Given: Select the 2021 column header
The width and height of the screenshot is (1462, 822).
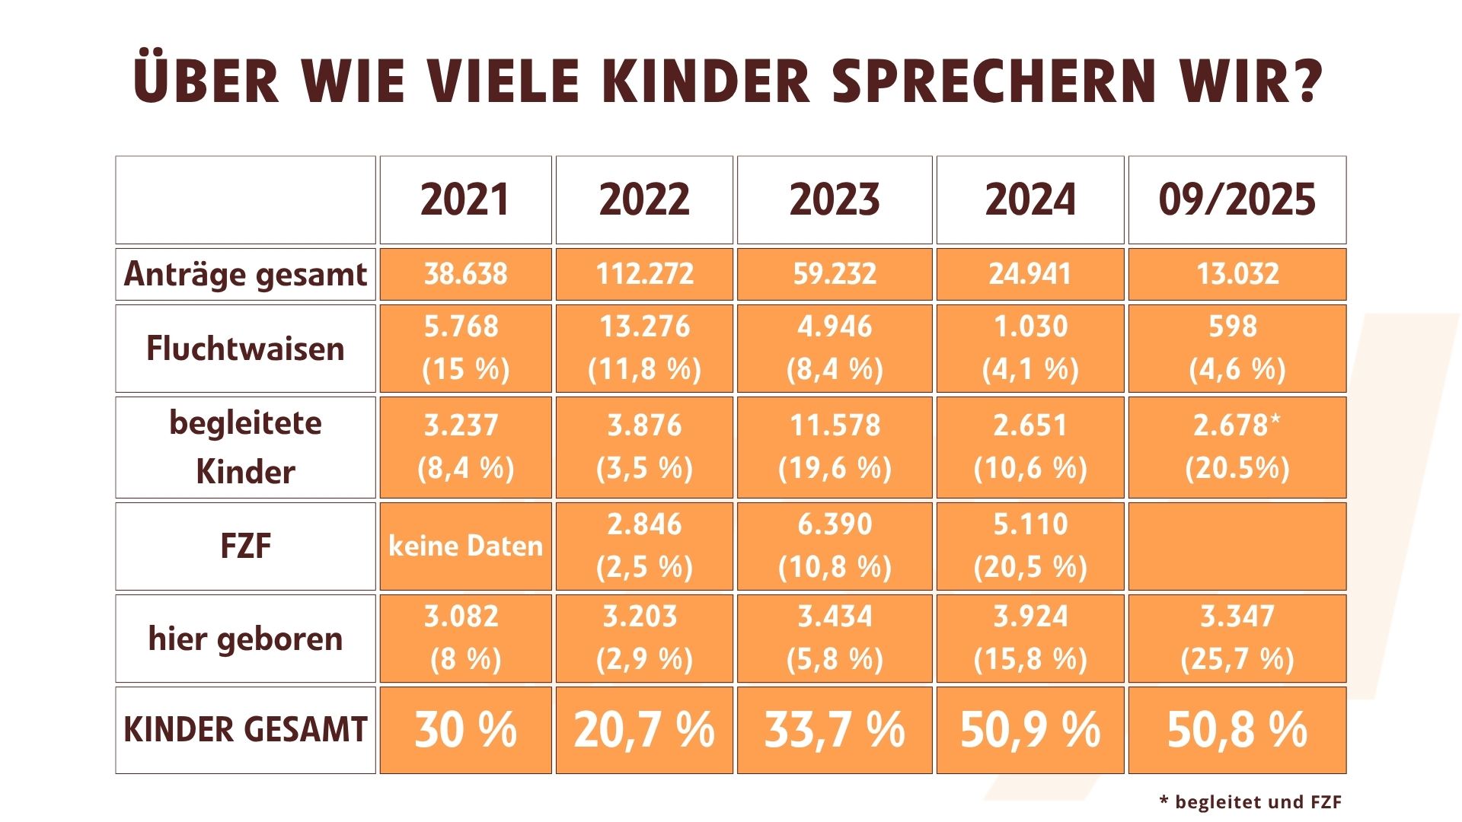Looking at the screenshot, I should (x=465, y=200).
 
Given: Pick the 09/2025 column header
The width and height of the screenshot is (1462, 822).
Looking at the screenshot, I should (x=1237, y=200).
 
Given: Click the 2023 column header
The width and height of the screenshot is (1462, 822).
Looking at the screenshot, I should (x=835, y=200).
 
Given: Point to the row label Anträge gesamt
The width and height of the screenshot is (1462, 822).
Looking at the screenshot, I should (x=245, y=274).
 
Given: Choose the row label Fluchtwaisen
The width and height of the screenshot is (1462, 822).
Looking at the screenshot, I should (x=245, y=349).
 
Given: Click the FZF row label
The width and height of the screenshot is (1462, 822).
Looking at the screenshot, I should (x=245, y=546).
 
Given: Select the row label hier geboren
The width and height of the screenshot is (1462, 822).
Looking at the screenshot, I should (x=245, y=639).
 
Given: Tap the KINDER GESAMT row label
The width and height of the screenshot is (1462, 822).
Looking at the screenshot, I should (x=245, y=730).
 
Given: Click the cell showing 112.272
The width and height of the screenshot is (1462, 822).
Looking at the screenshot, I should (x=644, y=274).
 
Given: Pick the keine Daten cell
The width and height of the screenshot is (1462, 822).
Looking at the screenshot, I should (x=465, y=546).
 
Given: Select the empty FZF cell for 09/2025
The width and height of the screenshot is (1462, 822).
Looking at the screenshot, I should (x=1237, y=546).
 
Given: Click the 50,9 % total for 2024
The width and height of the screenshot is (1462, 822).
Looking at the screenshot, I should (x=1029, y=730).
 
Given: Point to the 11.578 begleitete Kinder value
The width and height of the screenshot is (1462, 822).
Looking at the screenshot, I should (x=835, y=425).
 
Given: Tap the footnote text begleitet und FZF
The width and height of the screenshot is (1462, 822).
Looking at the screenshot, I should (x=1257, y=801).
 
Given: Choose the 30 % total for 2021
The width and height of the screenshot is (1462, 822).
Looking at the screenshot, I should (x=465, y=730).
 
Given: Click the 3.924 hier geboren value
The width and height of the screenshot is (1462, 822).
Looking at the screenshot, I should (x=1029, y=616).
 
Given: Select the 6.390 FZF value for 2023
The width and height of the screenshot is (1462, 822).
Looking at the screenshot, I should (x=835, y=524).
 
